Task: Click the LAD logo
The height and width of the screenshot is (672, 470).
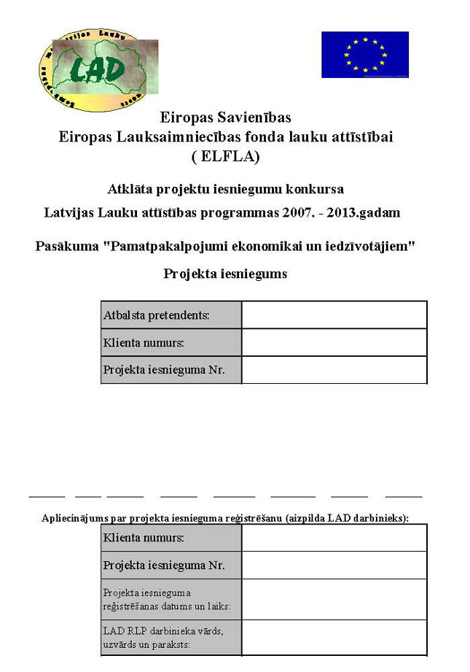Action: tap(96, 70)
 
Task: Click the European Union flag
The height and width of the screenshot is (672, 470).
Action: tap(364, 54)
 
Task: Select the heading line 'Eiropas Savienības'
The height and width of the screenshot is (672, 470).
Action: tap(226, 117)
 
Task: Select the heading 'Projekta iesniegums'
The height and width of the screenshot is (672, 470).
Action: tap(225, 274)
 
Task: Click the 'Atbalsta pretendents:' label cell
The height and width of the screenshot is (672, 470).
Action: tap(171, 315)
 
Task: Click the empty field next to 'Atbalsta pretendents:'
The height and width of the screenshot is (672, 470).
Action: tap(334, 315)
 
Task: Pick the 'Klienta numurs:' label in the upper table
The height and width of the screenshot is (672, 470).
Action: tap(171, 342)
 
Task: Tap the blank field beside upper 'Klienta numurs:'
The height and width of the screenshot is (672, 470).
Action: tap(334, 342)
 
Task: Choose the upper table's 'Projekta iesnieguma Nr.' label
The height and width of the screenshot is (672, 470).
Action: tap(171, 369)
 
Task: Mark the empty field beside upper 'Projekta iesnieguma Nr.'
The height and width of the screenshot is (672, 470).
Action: tap(334, 369)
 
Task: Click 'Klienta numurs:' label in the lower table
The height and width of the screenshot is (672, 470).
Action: tap(171, 538)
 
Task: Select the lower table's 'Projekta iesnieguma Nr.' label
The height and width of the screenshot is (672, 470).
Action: tap(171, 565)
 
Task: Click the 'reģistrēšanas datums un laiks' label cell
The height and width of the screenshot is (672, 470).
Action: tap(171, 599)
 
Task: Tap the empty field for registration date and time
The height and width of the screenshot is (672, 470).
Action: tap(334, 599)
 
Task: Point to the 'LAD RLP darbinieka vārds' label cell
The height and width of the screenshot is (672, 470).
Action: tap(171, 637)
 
